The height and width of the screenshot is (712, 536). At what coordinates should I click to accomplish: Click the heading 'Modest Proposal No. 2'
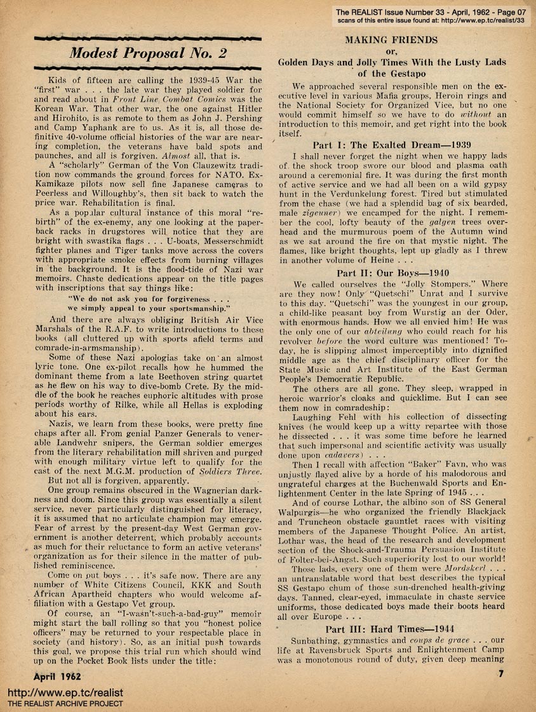[x=147, y=53]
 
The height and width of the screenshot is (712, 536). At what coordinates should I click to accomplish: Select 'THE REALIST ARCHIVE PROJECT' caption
[x=65, y=704]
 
